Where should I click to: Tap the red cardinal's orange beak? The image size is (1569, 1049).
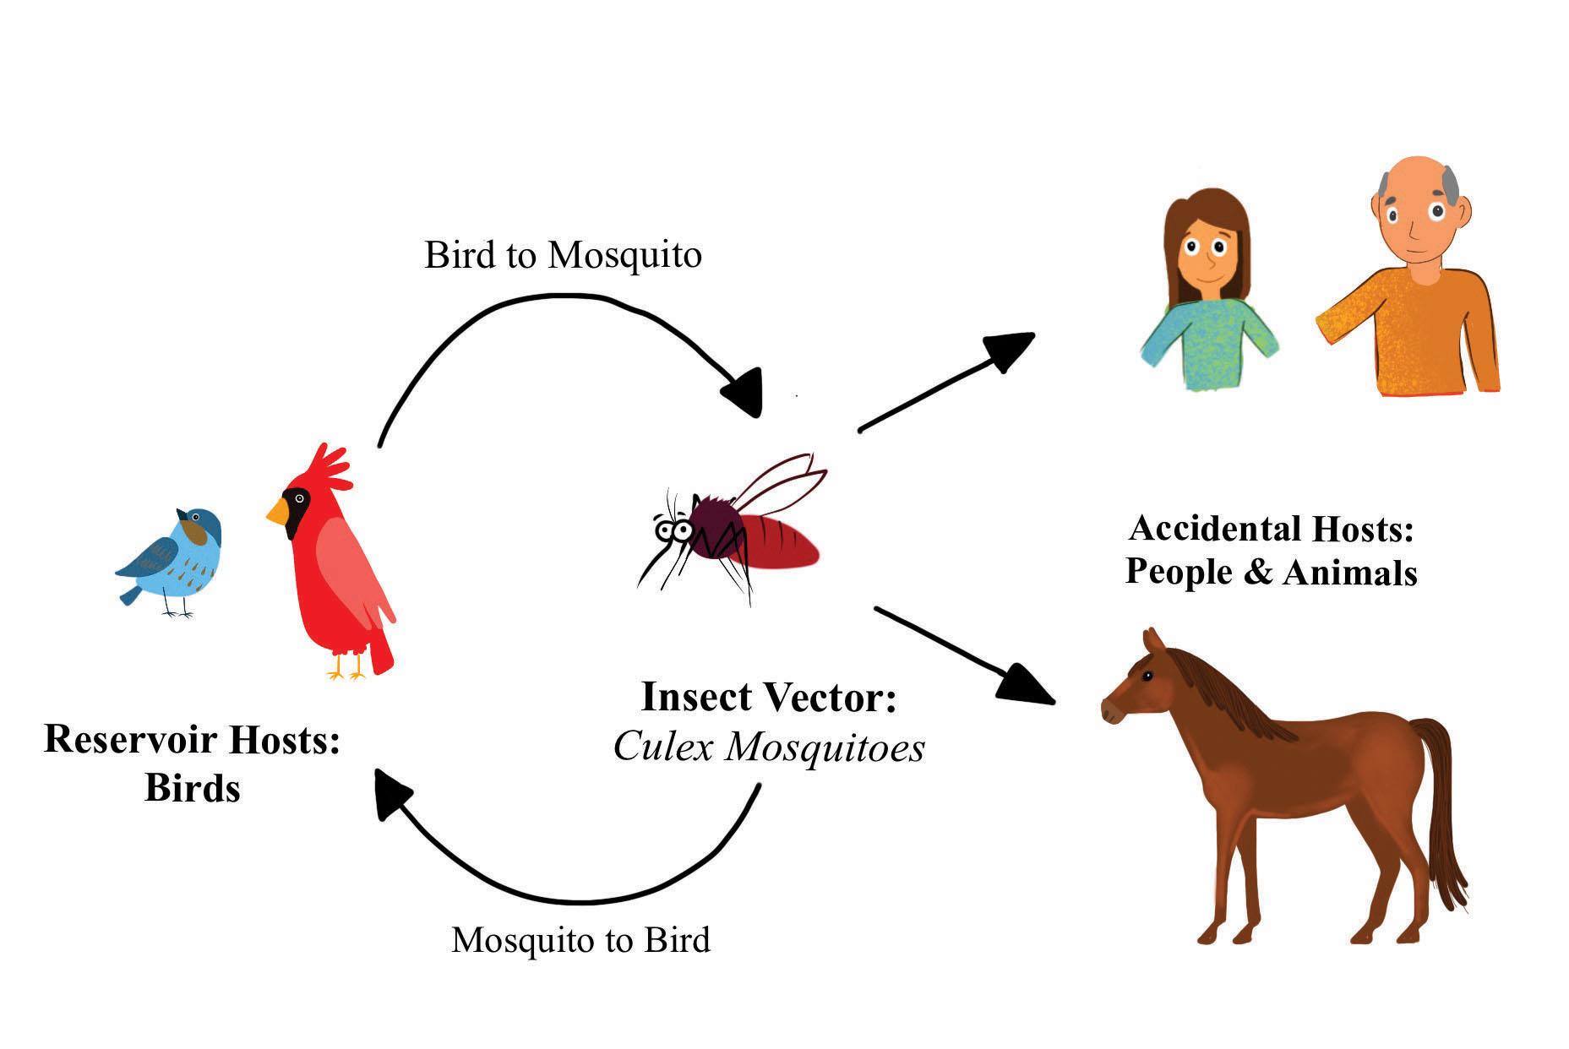point(277,510)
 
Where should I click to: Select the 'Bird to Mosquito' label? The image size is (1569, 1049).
point(563,254)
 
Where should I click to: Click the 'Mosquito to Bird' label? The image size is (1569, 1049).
point(580,939)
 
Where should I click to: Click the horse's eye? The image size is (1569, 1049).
point(1147,677)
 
